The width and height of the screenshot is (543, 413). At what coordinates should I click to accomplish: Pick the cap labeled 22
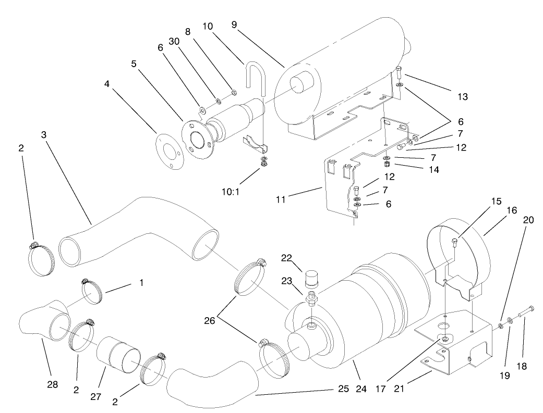point(311,276)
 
